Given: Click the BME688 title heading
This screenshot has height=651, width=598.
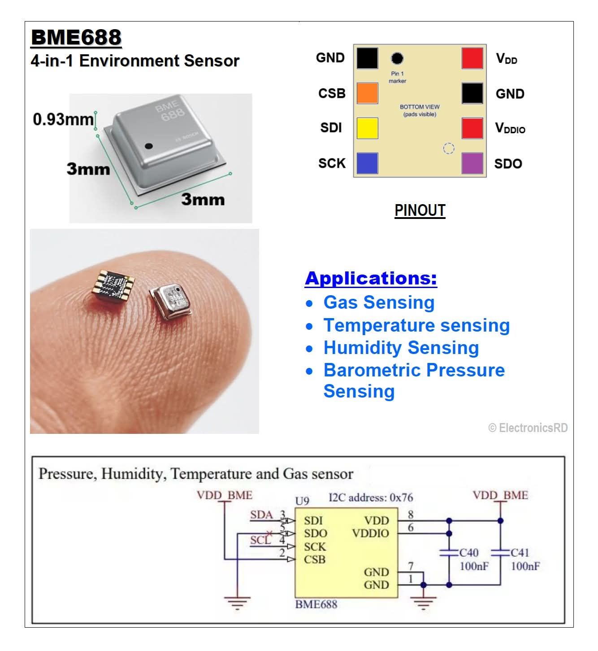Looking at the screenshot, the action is click(x=76, y=37).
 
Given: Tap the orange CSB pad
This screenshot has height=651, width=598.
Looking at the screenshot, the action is click(x=367, y=93).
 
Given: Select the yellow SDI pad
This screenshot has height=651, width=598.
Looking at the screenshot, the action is click(x=367, y=128).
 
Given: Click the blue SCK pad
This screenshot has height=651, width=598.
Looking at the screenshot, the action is click(x=367, y=163).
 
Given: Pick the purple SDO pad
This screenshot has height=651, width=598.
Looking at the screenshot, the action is click(x=472, y=163).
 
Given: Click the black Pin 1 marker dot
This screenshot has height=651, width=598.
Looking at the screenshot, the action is click(x=397, y=58).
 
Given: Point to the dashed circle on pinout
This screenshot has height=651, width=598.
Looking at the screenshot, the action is click(x=448, y=149).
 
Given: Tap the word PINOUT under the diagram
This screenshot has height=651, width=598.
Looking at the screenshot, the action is click(x=420, y=210).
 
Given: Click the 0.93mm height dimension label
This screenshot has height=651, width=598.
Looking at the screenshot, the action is click(x=63, y=119).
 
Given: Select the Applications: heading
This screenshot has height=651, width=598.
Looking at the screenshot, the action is click(x=371, y=278).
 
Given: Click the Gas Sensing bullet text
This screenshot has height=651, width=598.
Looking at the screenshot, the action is click(x=379, y=302).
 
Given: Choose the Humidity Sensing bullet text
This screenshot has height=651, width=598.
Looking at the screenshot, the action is click(x=401, y=348).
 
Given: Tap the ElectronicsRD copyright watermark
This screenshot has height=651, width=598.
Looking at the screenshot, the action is click(x=528, y=428).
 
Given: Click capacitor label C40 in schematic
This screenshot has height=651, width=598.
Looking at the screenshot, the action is click(x=468, y=553).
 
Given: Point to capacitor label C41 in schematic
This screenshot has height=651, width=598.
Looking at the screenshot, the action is click(x=520, y=553).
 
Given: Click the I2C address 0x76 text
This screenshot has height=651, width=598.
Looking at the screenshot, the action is click(x=371, y=498).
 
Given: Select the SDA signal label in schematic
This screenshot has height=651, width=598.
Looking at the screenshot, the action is click(x=261, y=515).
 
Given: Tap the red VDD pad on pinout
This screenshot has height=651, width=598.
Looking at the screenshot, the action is click(x=472, y=58).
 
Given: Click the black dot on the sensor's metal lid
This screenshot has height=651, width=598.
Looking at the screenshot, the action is click(x=149, y=146).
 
